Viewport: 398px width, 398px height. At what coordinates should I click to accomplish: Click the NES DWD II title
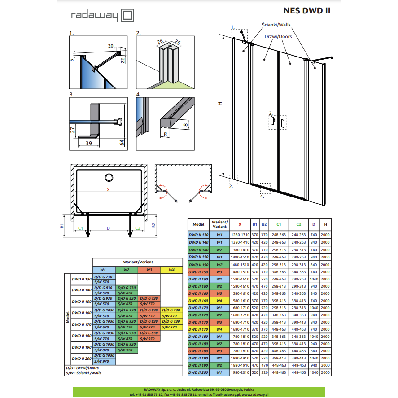pos(306,11)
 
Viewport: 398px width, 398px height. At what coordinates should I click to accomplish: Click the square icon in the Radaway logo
pos(127,16)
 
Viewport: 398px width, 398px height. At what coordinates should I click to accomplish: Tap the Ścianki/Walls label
pos(276,25)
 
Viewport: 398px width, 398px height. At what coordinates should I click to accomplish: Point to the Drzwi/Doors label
pos(278,36)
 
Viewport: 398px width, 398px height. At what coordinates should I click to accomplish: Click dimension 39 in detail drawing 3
pos(88,144)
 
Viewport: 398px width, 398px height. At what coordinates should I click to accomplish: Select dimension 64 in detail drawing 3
pos(122,143)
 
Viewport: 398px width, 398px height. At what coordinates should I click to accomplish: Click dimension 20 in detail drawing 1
pos(111,46)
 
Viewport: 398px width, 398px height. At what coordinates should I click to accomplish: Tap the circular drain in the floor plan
pos(109,178)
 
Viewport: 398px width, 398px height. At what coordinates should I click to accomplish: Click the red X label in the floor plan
pos(109,190)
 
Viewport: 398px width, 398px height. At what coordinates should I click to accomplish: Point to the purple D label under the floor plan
pos(109,228)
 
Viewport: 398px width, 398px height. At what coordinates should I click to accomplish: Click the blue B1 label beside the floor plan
pos(61,226)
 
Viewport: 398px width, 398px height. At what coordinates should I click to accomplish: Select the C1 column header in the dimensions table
pos(279,224)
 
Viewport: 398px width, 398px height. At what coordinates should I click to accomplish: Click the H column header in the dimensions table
pos(325,224)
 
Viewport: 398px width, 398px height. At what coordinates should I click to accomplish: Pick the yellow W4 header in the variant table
pos(171,270)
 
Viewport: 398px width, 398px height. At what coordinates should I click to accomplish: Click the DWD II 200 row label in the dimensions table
pos(198,372)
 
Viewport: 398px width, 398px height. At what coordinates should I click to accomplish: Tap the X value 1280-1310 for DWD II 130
pos(240,235)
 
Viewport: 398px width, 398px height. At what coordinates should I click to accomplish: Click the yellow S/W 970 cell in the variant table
pos(169,327)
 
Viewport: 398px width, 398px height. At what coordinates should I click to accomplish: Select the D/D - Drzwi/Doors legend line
pos(82,368)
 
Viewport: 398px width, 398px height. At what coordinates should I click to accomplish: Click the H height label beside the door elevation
pos(220,104)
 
